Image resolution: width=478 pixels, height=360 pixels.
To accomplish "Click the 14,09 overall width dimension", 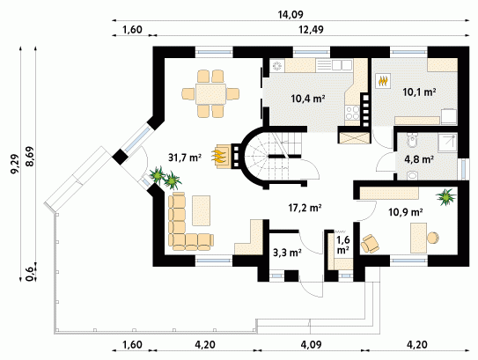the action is click(290, 14).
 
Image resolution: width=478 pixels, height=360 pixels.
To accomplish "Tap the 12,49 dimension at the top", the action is click(311, 30).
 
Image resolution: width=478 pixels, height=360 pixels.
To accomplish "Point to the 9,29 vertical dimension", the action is click(15, 164).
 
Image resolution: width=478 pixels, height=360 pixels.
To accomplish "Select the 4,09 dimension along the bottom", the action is click(311, 345).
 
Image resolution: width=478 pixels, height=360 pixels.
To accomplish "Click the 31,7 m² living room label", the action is click(185, 158).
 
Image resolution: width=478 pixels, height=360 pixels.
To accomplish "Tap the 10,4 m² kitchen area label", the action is click(307, 99).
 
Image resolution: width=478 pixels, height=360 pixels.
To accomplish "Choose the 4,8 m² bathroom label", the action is click(419, 159).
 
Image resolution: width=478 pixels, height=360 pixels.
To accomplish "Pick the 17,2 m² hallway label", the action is click(305, 208).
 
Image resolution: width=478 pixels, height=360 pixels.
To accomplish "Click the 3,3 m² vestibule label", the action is click(287, 253).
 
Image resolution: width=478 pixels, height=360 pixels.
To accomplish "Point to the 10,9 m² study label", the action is click(406, 212).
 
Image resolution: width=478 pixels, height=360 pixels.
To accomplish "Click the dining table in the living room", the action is click(210, 94).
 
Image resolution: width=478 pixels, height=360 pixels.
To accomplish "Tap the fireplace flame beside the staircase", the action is click(220, 156).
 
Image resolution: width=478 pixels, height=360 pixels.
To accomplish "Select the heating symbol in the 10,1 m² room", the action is click(383, 81).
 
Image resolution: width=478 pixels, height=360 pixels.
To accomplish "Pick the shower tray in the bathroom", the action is click(447, 143).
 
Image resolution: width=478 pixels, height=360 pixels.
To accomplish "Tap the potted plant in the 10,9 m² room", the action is click(446, 197).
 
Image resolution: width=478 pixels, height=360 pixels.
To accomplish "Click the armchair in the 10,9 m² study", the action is click(370, 243).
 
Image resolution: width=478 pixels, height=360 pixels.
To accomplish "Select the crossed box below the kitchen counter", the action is click(354, 138).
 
